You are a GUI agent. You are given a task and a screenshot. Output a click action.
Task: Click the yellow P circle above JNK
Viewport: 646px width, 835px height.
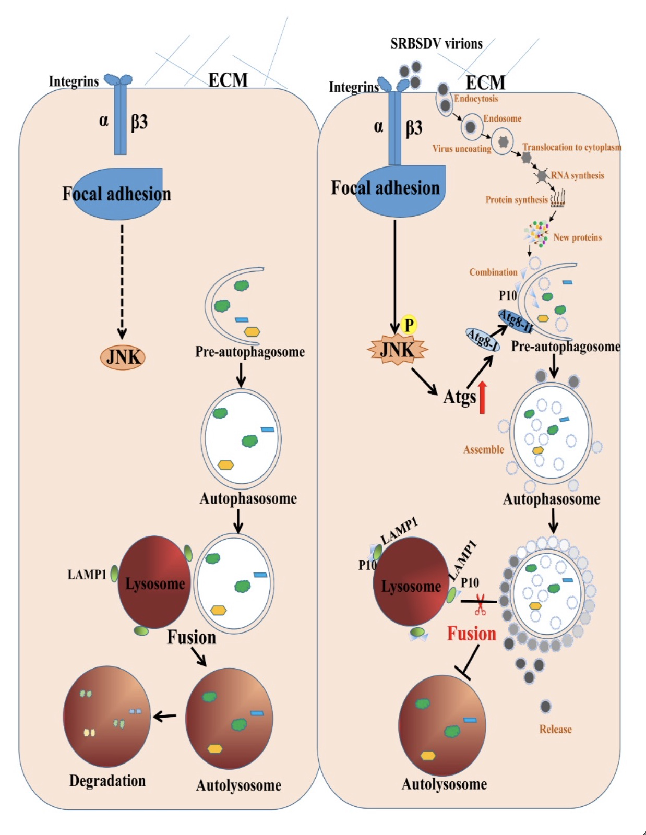409,325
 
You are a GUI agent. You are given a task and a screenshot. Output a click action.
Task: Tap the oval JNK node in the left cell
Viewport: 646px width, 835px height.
123,357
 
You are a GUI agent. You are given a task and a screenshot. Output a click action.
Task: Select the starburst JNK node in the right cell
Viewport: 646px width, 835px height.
398,349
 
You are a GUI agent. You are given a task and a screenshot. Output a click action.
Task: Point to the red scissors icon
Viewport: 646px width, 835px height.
480,605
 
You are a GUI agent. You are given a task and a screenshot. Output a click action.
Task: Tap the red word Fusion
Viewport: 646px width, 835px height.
472,633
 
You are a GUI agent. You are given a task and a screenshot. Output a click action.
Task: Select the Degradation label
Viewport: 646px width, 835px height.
107,780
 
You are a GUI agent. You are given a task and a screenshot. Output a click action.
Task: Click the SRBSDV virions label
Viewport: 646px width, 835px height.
436,43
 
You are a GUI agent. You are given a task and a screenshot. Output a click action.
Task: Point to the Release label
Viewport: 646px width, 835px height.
555,729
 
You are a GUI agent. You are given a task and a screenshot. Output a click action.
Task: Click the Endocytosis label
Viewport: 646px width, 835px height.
476,99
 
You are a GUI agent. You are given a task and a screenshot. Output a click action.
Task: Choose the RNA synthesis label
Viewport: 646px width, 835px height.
577,175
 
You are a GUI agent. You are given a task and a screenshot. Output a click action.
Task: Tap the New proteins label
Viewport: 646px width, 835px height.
577,237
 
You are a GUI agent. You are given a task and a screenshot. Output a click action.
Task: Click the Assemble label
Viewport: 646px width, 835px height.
484,449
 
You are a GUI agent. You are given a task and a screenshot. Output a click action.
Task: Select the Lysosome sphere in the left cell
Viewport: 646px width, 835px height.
154,582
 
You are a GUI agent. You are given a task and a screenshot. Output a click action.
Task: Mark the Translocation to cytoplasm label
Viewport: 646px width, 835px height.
572,147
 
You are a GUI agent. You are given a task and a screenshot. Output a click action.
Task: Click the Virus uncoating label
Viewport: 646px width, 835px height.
462,149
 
